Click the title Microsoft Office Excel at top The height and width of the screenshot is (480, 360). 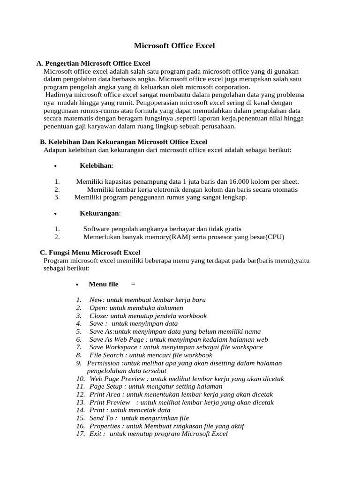174,45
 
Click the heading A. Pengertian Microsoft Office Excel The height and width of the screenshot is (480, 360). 93,63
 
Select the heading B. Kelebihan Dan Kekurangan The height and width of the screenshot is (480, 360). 123,142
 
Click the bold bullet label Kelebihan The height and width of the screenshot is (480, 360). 96,165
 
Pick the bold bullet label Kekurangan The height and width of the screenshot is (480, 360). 99,213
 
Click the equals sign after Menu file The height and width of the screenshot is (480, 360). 133,284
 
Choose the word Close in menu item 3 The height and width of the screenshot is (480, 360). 98,316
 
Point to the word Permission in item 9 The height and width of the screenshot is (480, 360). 104,363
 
